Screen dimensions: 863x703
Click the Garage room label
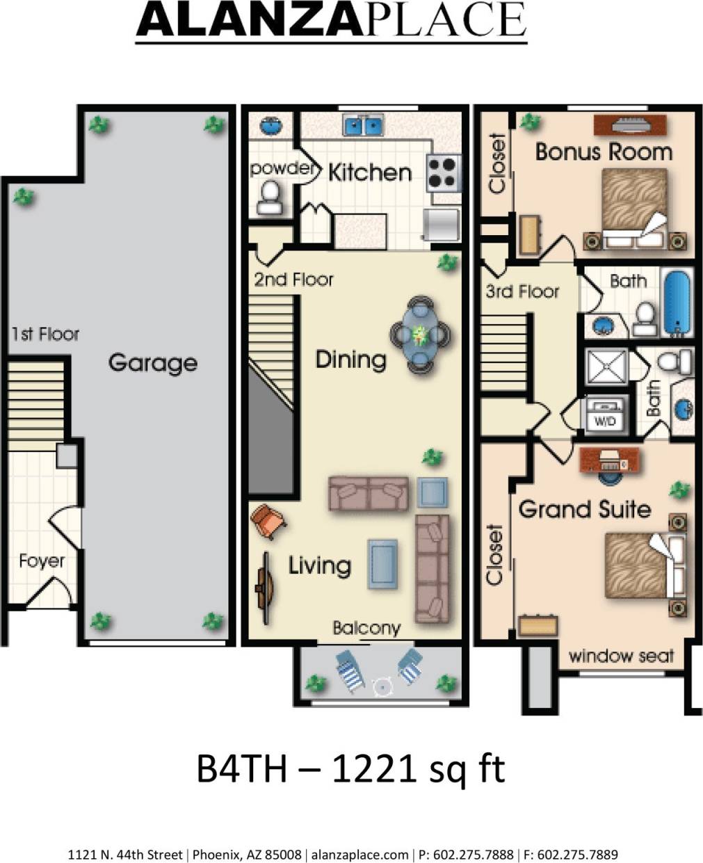tap(152, 363)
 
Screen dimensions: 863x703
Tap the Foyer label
tap(42, 560)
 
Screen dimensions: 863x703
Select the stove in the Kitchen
tap(443, 172)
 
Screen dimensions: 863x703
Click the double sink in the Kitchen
tap(363, 126)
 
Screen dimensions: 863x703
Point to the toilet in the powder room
tap(269, 197)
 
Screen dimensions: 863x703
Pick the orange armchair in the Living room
tap(268, 521)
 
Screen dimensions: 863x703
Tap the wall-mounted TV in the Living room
tap(264, 580)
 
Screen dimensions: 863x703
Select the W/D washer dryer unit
tap(605, 415)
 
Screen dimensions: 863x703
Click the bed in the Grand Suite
tap(639, 565)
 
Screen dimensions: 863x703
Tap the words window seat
tap(621, 656)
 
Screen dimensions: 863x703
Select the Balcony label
tap(366, 628)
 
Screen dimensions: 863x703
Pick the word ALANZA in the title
tap(248, 20)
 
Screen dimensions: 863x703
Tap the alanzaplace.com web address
tap(360, 855)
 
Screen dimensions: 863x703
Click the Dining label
tap(351, 360)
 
